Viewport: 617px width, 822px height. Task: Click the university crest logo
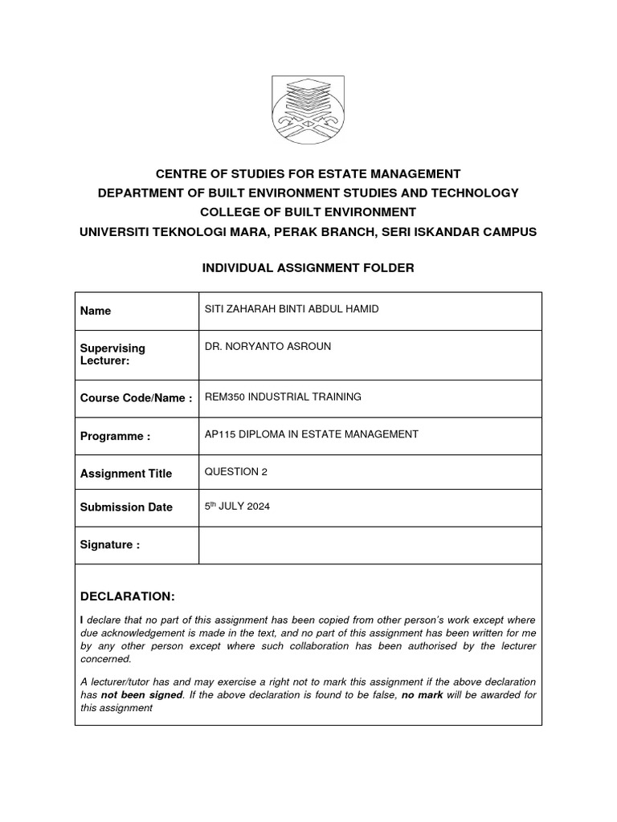pos(308,110)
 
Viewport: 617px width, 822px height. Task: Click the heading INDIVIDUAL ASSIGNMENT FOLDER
pos(308,267)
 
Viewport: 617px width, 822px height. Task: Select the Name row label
pos(96,311)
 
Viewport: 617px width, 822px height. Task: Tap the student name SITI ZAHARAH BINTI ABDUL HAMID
pos(291,310)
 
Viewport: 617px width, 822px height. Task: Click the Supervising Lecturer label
pos(112,355)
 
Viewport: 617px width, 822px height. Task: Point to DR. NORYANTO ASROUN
pos(268,347)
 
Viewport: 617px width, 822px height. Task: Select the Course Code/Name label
pos(136,398)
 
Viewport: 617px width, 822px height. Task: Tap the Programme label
pos(115,436)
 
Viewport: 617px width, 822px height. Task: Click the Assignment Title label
pos(126,474)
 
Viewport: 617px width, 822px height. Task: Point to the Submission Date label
pos(126,507)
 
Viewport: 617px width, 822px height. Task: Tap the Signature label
pos(110,545)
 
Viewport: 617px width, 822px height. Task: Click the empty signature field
pos(370,545)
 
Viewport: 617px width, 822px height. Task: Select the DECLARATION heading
pos(127,596)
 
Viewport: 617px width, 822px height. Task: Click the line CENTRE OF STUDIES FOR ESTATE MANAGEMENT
pos(308,173)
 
